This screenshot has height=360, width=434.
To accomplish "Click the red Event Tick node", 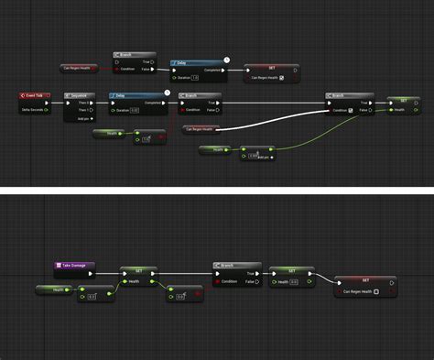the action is (x=34, y=95).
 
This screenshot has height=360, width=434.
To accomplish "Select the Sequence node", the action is (x=80, y=95).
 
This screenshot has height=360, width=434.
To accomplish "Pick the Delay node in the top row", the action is (x=198, y=63).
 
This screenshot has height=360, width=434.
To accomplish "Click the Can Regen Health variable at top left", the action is (x=78, y=68).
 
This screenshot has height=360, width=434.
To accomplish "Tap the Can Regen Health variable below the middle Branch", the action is (x=201, y=128).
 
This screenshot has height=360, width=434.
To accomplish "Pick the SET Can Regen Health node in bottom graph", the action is (x=365, y=279).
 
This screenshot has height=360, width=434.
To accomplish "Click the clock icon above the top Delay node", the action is (x=226, y=59).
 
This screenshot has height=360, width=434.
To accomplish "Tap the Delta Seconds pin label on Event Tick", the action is (x=34, y=109).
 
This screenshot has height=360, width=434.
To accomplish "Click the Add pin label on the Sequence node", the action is (x=84, y=118).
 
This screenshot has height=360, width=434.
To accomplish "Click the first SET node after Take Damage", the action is (x=137, y=271).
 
